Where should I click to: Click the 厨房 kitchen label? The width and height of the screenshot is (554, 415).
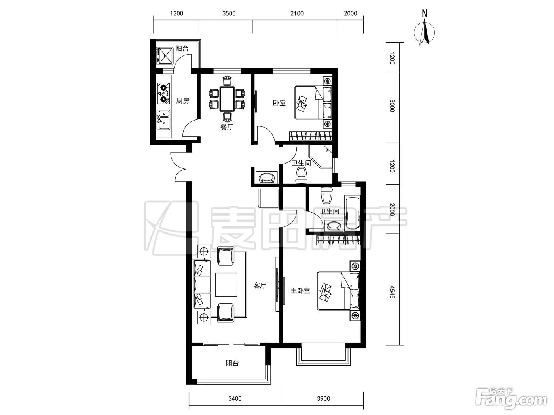[182, 101]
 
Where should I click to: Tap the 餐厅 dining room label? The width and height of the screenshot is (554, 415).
[227, 127]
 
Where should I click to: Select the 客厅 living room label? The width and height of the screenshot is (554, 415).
[260, 285]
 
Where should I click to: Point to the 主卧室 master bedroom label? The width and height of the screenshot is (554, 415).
[300, 291]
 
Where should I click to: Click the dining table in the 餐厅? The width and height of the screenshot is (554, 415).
[227, 99]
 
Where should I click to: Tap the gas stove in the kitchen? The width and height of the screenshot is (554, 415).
[163, 94]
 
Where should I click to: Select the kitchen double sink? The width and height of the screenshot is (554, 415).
[163, 120]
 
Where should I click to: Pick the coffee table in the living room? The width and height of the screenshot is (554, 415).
[226, 285]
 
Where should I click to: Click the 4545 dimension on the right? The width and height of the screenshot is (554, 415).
[392, 292]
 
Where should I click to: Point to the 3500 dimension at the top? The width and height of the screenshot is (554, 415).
[229, 13]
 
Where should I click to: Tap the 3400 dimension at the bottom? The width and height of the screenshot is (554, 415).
[235, 399]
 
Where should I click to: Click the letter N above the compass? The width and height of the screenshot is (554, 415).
[425, 13]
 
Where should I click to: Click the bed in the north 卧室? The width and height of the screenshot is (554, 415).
[313, 102]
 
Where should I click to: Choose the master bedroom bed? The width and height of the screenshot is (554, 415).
[338, 291]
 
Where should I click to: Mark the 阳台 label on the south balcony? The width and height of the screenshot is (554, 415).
[232, 363]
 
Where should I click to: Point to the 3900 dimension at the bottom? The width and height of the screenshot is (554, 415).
[323, 399]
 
